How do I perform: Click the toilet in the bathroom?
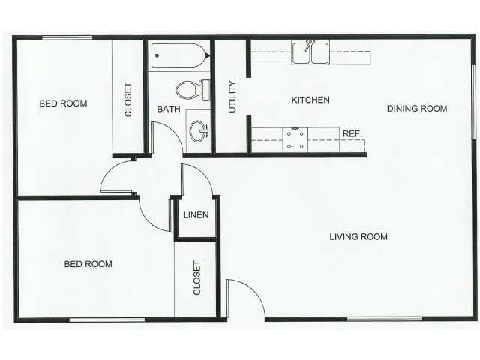pos(193,90)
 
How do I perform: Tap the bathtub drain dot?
pos(157,55)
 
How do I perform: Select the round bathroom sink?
pos(198,131)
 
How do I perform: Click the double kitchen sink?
pos(310,52)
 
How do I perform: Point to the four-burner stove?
pos(295,140)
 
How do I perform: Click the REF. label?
pos(352,133)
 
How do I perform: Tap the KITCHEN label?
pos(310,100)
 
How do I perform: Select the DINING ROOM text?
pos(417,108)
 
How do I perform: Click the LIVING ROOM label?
pos(358,236)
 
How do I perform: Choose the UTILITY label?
pos(232,97)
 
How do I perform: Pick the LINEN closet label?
pos(196,215)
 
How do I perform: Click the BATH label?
pos(169,109)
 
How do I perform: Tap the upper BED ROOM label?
pos(63,103)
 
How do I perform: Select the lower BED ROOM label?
pos(88,264)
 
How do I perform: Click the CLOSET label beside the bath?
pos(128,100)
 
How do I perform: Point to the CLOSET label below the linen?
pos(196,278)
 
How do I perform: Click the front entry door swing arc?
pos(254,289)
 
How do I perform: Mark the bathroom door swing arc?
pos(174,130)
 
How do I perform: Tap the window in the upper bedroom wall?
pos(67,38)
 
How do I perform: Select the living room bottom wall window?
pos(385,319)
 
